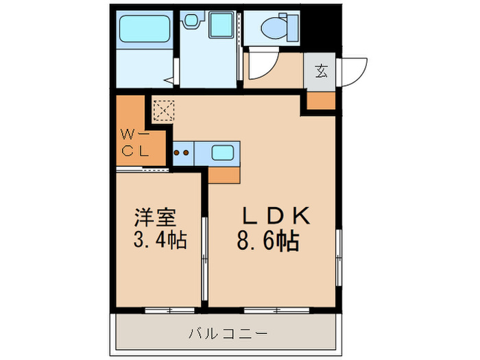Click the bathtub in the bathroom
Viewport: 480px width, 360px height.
click(x=145, y=29)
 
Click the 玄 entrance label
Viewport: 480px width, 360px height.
click(x=321, y=70)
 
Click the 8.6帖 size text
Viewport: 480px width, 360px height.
click(x=268, y=241)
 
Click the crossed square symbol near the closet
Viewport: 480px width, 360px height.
click(x=163, y=110)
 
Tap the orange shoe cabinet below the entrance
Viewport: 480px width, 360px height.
click(x=321, y=101)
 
